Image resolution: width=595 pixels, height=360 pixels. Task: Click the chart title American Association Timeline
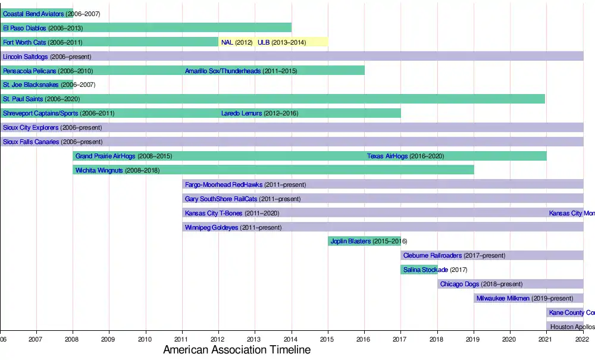click(237, 350)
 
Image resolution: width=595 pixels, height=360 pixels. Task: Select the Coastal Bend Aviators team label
click(33, 13)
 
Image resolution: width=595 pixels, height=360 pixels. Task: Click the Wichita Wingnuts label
click(99, 170)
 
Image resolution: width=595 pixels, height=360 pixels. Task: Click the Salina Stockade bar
click(419, 270)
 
